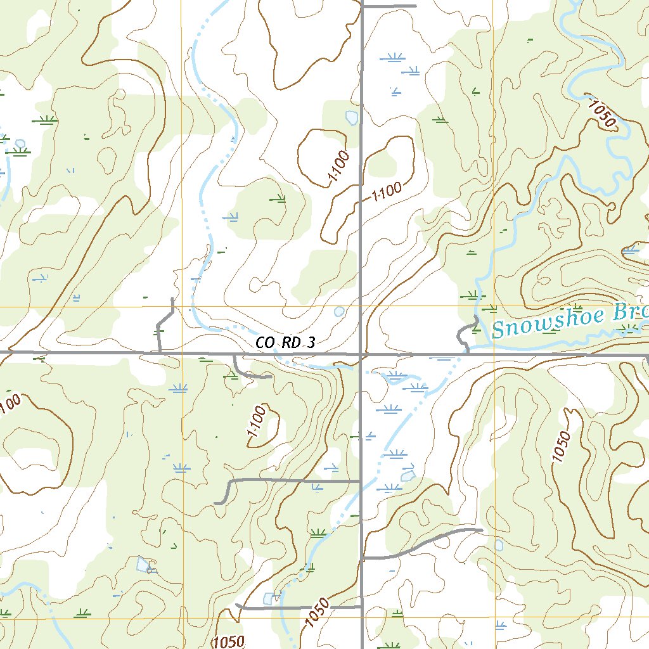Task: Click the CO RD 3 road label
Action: pyautogui.click(x=285, y=343)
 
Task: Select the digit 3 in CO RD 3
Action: pyautogui.click(x=310, y=343)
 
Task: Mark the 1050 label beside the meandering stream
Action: pyautogui.click(x=601, y=112)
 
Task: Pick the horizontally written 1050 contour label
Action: pyautogui.click(x=229, y=641)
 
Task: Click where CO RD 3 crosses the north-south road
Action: pyautogui.click(x=361, y=354)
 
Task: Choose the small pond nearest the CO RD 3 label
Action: pyautogui.click(x=339, y=311)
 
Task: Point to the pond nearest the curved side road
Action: pyautogui.click(x=499, y=544)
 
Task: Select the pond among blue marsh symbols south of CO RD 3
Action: pyautogui.click(x=408, y=473)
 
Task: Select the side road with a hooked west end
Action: pyautogui.click(x=285, y=482)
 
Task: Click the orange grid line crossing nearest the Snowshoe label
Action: pyautogui.click(x=494, y=307)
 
